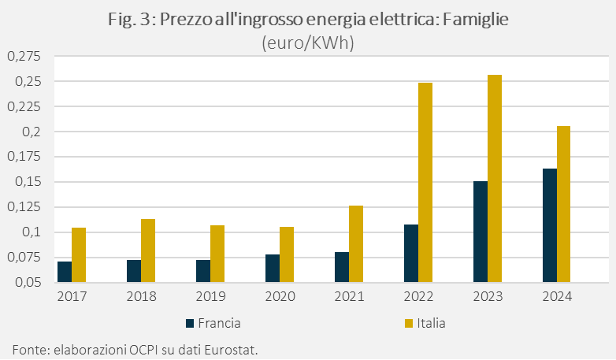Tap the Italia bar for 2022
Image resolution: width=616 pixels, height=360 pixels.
coord(425,182)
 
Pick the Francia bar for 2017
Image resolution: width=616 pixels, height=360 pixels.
coord(65,272)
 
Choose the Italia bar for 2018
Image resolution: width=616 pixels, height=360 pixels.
coord(148,251)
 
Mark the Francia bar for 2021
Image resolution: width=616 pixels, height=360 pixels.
coord(342,267)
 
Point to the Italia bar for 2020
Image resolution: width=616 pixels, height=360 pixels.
coord(287,254)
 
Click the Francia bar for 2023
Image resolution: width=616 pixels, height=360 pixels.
coord(481,232)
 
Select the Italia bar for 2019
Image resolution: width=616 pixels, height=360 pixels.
coord(217,254)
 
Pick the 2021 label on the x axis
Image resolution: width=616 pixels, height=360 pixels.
coord(349,297)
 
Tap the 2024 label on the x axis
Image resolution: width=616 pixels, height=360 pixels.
coord(557,297)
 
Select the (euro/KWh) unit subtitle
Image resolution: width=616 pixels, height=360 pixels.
coord(308,43)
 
